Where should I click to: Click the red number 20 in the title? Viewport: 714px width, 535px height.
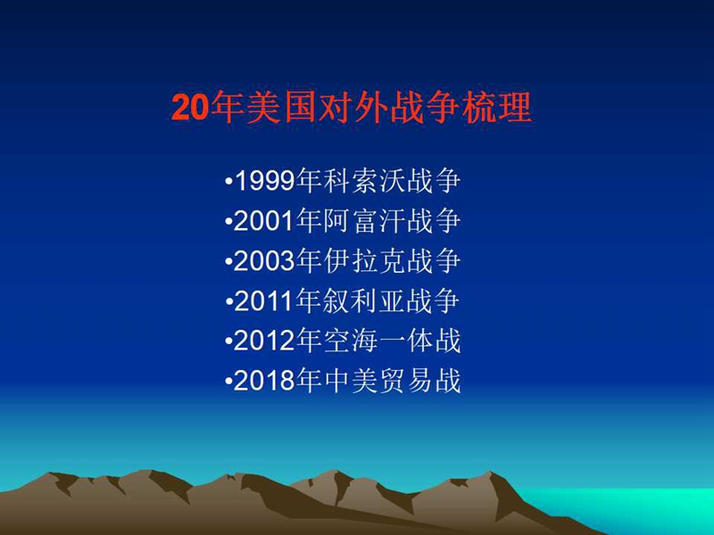190,108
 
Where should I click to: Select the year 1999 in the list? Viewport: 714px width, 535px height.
264,181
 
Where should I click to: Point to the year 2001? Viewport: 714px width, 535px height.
264,221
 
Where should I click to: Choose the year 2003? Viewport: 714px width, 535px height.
264,261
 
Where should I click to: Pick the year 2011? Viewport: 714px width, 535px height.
264,301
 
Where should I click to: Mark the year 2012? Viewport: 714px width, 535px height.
264,341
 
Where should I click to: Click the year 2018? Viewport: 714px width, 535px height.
264,381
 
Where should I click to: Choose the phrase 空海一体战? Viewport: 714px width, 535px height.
392,341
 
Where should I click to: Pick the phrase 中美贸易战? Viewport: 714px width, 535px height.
392,381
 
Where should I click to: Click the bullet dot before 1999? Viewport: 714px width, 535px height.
228,182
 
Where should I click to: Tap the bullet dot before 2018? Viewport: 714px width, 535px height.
228,383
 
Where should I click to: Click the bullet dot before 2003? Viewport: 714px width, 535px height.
228,262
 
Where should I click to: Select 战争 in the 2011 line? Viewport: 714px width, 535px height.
433,301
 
